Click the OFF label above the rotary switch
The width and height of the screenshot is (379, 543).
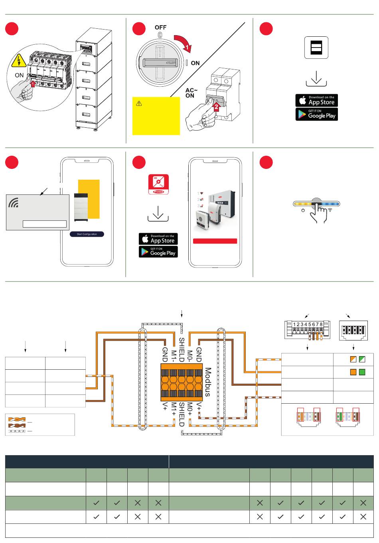[160, 28]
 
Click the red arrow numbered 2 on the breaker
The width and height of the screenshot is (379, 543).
[216, 106]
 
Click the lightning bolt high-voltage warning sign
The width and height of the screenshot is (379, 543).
[18, 61]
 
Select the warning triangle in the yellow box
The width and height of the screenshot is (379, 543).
[139, 103]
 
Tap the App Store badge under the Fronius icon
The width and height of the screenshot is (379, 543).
[158, 239]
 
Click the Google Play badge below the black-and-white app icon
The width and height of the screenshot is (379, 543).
[316, 115]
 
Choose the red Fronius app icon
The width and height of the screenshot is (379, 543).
[158, 184]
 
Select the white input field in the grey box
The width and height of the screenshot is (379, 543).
[45, 224]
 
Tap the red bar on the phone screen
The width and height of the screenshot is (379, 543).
[215, 241]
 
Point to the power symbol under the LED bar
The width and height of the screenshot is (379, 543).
[303, 210]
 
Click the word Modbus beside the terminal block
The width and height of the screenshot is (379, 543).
[207, 382]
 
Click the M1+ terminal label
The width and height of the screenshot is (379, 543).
[174, 409]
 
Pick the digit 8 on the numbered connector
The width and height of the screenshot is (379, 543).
[321, 325]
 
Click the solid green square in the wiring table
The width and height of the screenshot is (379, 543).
[362, 372]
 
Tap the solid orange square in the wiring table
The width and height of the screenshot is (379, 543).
[353, 372]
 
